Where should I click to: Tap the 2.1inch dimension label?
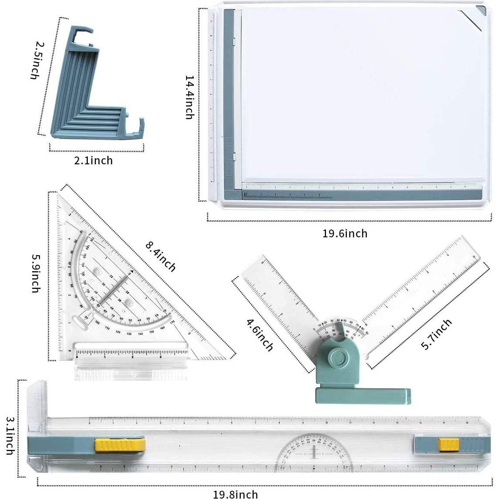[93, 161]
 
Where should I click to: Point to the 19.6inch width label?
[345, 234]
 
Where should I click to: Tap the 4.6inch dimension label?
[260, 335]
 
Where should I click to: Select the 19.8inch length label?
[235, 494]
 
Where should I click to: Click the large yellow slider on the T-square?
[120, 445]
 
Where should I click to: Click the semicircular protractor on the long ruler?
[314, 452]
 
